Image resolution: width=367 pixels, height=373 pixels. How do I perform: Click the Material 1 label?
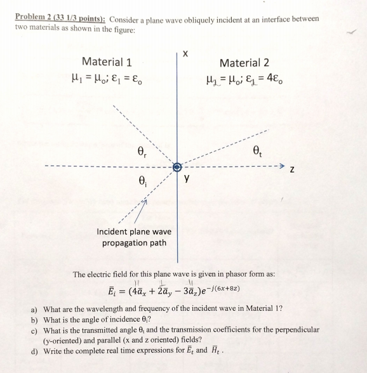[x=107, y=62]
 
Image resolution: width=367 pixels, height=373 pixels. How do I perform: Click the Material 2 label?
[x=244, y=62]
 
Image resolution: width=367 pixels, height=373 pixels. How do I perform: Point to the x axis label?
[x=185, y=54]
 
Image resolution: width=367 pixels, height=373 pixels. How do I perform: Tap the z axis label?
[x=291, y=169]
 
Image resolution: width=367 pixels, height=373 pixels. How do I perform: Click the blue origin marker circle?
[x=178, y=167]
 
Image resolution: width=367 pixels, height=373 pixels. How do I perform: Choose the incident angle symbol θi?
[x=142, y=180]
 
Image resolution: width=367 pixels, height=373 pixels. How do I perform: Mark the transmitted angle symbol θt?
[x=257, y=152]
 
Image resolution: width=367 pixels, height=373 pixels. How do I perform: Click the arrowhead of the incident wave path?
[x=145, y=202]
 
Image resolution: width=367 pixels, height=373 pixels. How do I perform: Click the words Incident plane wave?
[x=134, y=232]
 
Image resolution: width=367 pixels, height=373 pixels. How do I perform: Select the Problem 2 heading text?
[x=60, y=19]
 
